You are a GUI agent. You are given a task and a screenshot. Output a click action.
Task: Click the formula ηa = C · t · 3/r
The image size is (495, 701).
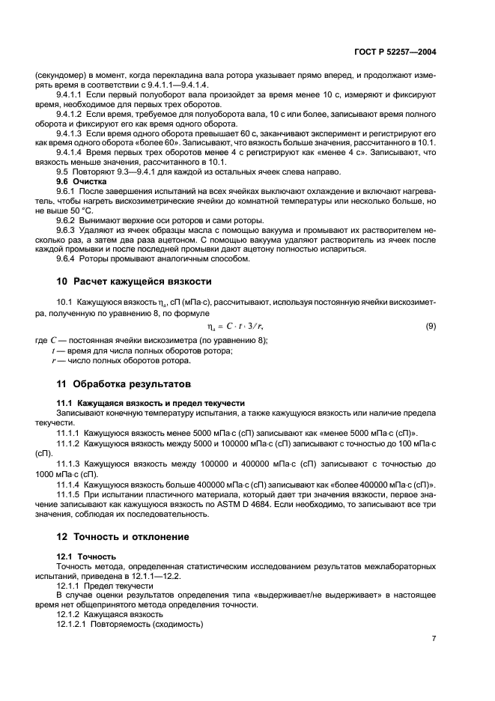[x=234, y=327]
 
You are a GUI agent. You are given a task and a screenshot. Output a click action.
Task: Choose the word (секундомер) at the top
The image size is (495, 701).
[x=58, y=76]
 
